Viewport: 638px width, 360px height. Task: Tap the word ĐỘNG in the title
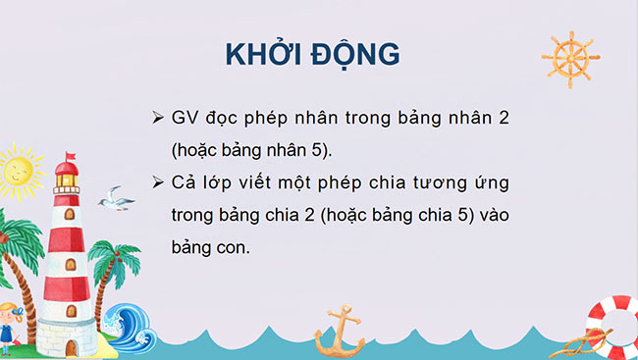357,54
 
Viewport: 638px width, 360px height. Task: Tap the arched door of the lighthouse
71,344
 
